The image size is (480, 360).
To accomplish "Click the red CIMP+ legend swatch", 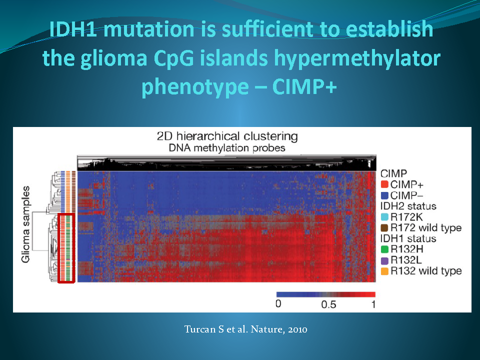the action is (x=384, y=184).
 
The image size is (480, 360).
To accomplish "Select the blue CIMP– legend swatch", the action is (x=384, y=195).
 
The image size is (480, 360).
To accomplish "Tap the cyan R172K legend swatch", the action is (x=384, y=217).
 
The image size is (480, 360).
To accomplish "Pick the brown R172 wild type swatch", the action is (x=384, y=228).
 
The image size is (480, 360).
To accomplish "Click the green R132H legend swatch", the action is (x=384, y=249).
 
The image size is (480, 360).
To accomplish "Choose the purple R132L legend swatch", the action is (x=384, y=260).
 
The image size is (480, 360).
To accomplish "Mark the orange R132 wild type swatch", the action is (x=384, y=271).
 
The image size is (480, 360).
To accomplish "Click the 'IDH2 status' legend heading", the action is (x=408, y=206).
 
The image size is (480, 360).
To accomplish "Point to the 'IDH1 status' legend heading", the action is (x=408, y=238).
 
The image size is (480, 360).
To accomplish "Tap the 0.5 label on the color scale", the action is (x=328, y=304).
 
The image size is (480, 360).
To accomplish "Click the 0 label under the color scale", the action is (x=278, y=303).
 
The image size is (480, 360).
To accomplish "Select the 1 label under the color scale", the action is (x=373, y=304).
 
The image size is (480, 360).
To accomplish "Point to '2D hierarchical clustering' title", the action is (x=227, y=136).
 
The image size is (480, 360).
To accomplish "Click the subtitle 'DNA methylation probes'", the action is (x=227, y=148).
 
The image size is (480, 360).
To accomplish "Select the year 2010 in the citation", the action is (x=297, y=329).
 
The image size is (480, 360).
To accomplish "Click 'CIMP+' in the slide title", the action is (x=304, y=86).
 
